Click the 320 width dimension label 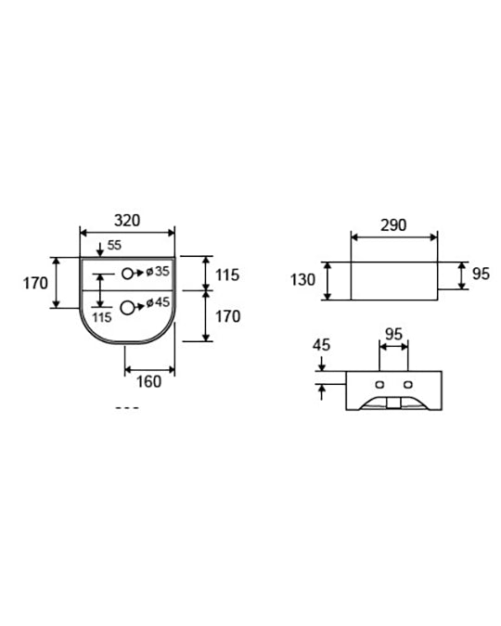click(x=127, y=221)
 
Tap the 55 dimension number click(x=114, y=245)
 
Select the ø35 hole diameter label click(x=158, y=272)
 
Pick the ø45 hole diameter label click(x=158, y=302)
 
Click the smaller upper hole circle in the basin click(x=127, y=274)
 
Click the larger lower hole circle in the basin click(x=127, y=308)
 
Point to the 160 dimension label click(x=148, y=382)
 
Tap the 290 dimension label click(x=393, y=225)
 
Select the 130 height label click(x=302, y=280)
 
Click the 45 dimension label click(x=321, y=345)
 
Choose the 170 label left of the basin click(x=35, y=284)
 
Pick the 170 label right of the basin click(x=227, y=316)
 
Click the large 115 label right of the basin click(x=227, y=275)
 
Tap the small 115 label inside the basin click(x=102, y=318)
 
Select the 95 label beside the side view click(x=481, y=274)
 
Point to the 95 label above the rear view click(x=393, y=334)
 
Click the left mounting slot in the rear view click(x=379, y=385)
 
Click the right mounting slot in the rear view click(x=407, y=385)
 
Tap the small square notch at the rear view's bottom click(x=393, y=403)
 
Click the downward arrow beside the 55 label click(x=100, y=249)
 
